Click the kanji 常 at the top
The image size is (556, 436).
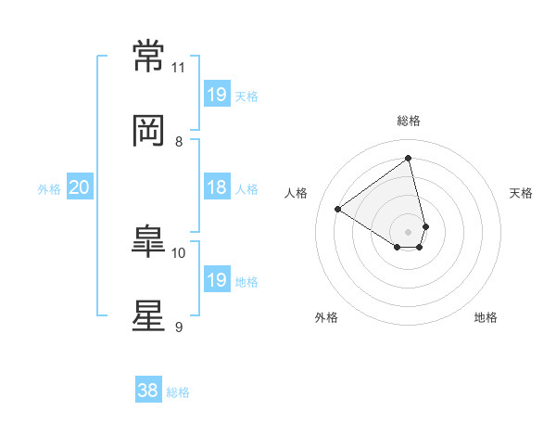[x=148, y=56]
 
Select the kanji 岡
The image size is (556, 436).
[x=148, y=131]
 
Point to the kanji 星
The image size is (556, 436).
[x=148, y=315]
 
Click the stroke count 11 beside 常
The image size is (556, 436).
[x=178, y=68]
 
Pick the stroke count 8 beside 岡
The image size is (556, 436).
[x=179, y=142]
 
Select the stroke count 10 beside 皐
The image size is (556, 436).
[x=178, y=253]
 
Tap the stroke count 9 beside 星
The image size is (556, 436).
[x=179, y=327]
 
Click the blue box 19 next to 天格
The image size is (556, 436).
[x=217, y=94]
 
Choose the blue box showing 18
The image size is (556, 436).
[x=217, y=186]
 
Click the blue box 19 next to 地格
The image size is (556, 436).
[x=217, y=278]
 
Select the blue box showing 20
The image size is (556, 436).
[x=80, y=186]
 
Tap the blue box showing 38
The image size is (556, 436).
[x=148, y=389]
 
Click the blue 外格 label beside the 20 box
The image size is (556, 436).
[x=49, y=189]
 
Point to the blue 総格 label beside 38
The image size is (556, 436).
[x=178, y=392]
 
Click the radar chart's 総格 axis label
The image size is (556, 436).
[x=409, y=121]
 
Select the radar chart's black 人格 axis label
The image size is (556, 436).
[x=296, y=193]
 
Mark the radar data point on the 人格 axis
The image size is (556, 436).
[x=338, y=209]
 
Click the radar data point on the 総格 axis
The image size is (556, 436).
[x=408, y=158]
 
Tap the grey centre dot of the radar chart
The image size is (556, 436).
[x=408, y=232]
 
